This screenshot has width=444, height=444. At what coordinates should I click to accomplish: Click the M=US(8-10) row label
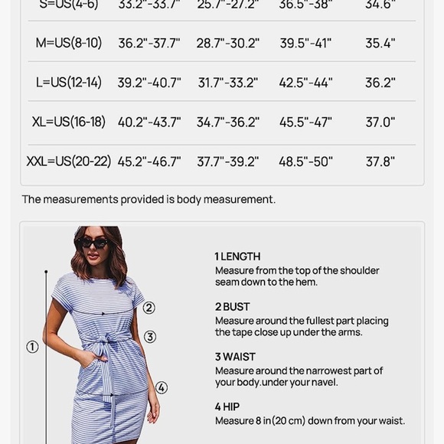pos(69,43)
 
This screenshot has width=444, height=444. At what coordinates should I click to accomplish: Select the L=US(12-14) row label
pos(68,83)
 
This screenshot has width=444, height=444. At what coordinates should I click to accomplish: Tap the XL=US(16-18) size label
pos(69,122)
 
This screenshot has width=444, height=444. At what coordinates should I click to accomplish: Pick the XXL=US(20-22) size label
pos(69,162)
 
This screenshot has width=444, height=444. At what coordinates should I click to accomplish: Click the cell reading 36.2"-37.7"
pos(149,43)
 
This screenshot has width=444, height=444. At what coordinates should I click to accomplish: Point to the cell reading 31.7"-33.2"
pos(228,83)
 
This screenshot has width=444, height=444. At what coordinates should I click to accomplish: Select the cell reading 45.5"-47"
pos(305,122)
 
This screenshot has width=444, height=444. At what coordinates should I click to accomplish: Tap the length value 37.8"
pos(380,162)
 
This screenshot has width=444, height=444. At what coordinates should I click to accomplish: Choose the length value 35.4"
pos(380,43)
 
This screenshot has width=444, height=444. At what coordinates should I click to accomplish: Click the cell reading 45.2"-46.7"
pos(149,162)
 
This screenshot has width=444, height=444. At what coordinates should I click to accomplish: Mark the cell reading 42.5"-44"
pos(305,83)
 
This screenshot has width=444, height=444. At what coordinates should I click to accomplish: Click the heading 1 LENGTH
pos(237,256)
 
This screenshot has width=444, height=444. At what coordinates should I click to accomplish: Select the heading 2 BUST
pos(232,307)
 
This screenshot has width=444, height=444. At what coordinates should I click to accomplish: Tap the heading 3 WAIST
pos(235,357)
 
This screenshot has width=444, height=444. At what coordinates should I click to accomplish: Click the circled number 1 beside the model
pos(32,347)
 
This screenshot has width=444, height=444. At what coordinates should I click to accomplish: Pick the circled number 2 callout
pos(149,308)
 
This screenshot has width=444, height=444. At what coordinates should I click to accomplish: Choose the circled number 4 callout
pos(162,387)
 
